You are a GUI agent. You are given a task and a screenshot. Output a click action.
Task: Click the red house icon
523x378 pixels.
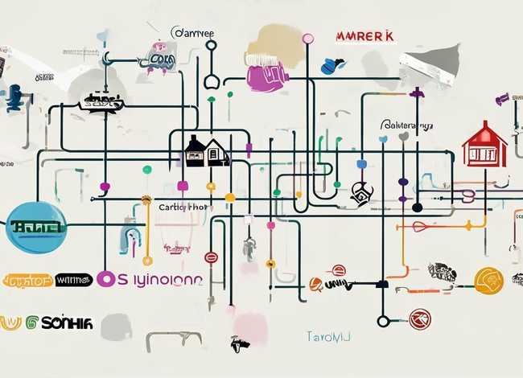(x=484, y=146)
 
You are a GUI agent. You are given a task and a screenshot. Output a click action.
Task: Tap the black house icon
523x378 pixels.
(x=206, y=150)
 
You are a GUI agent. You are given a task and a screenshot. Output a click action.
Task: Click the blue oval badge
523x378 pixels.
(x=35, y=226)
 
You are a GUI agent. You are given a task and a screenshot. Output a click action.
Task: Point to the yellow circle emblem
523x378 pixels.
(x=488, y=280)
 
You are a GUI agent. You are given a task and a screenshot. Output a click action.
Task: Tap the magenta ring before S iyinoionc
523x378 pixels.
(x=105, y=279)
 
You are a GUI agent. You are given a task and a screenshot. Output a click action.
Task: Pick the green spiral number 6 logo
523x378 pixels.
(x=32, y=322)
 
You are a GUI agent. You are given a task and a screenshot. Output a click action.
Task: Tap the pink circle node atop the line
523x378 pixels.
(x=307, y=38)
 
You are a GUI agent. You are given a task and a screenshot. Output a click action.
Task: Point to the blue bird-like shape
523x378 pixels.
(x=332, y=66)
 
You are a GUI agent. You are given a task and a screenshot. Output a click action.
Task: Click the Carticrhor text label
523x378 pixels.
(x=183, y=207)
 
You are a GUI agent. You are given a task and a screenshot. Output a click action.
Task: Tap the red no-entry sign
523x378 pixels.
(x=211, y=257)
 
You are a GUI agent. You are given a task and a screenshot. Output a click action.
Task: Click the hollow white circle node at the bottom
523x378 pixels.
(x=383, y=321)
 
